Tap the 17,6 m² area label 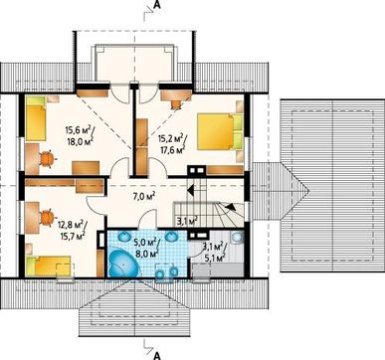click(x=172, y=149)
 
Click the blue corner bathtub click(x=123, y=264)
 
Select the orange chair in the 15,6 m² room click(x=47, y=159)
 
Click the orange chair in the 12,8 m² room click(x=47, y=218)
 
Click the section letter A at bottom click(x=157, y=356)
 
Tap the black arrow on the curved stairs click(x=232, y=207)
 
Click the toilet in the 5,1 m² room click(x=236, y=238)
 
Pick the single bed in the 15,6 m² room click(x=36, y=118)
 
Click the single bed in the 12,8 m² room click(x=49, y=266)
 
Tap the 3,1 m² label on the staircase click(x=186, y=220)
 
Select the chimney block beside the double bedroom click(x=196, y=170)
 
